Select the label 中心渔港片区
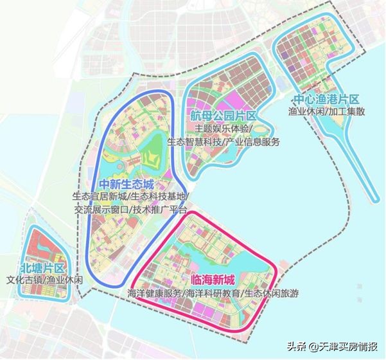[x=326, y=100]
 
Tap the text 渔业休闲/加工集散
[x=326, y=112]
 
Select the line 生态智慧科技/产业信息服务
[x=223, y=141]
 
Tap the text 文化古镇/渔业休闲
[x=44, y=280]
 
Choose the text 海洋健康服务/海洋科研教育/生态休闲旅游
[x=214, y=294]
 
